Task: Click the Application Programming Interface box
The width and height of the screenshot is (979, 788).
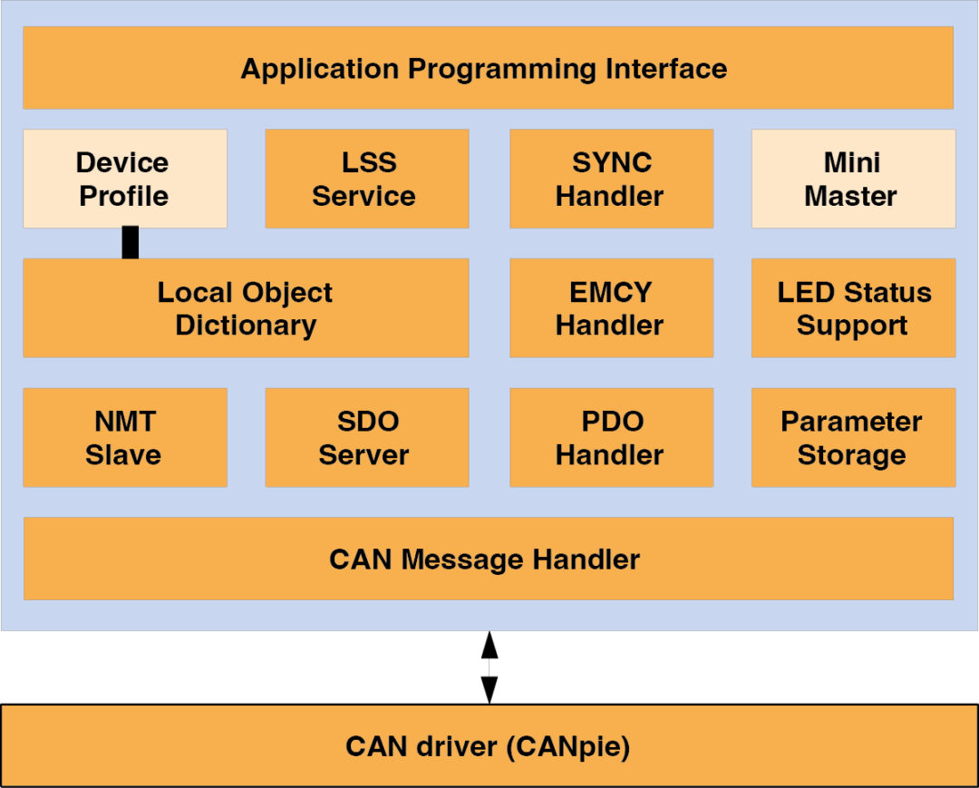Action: click(488, 68)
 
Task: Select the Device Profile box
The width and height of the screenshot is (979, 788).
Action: click(124, 179)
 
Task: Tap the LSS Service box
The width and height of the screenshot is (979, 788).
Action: click(366, 179)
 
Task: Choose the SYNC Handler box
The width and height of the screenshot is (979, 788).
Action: click(611, 179)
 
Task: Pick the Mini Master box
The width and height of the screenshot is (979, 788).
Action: click(852, 179)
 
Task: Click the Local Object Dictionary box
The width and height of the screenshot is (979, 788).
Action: click(246, 308)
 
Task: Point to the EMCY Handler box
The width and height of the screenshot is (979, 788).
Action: click(611, 308)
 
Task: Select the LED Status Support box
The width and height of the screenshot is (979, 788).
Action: click(852, 308)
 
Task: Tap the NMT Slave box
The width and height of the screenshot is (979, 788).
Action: click(124, 438)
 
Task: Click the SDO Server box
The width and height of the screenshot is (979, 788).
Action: click(366, 438)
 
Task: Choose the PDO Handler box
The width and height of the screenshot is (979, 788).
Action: click(611, 438)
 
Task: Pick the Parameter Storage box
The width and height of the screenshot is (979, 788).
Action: click(852, 438)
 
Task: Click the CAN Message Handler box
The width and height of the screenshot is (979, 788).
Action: click(488, 559)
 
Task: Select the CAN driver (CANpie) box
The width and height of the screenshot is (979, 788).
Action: click(488, 746)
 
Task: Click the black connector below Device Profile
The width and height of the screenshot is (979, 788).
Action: click(131, 243)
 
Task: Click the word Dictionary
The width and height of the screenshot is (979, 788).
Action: click(246, 326)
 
